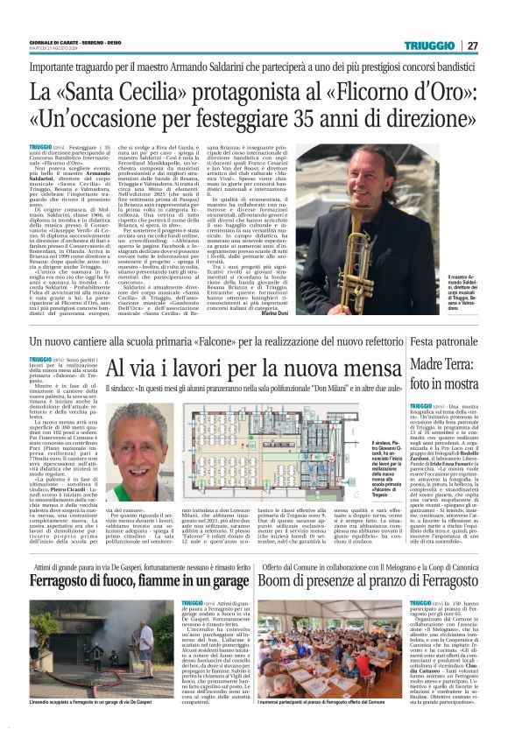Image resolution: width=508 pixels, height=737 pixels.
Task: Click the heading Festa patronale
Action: coord(458,340)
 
